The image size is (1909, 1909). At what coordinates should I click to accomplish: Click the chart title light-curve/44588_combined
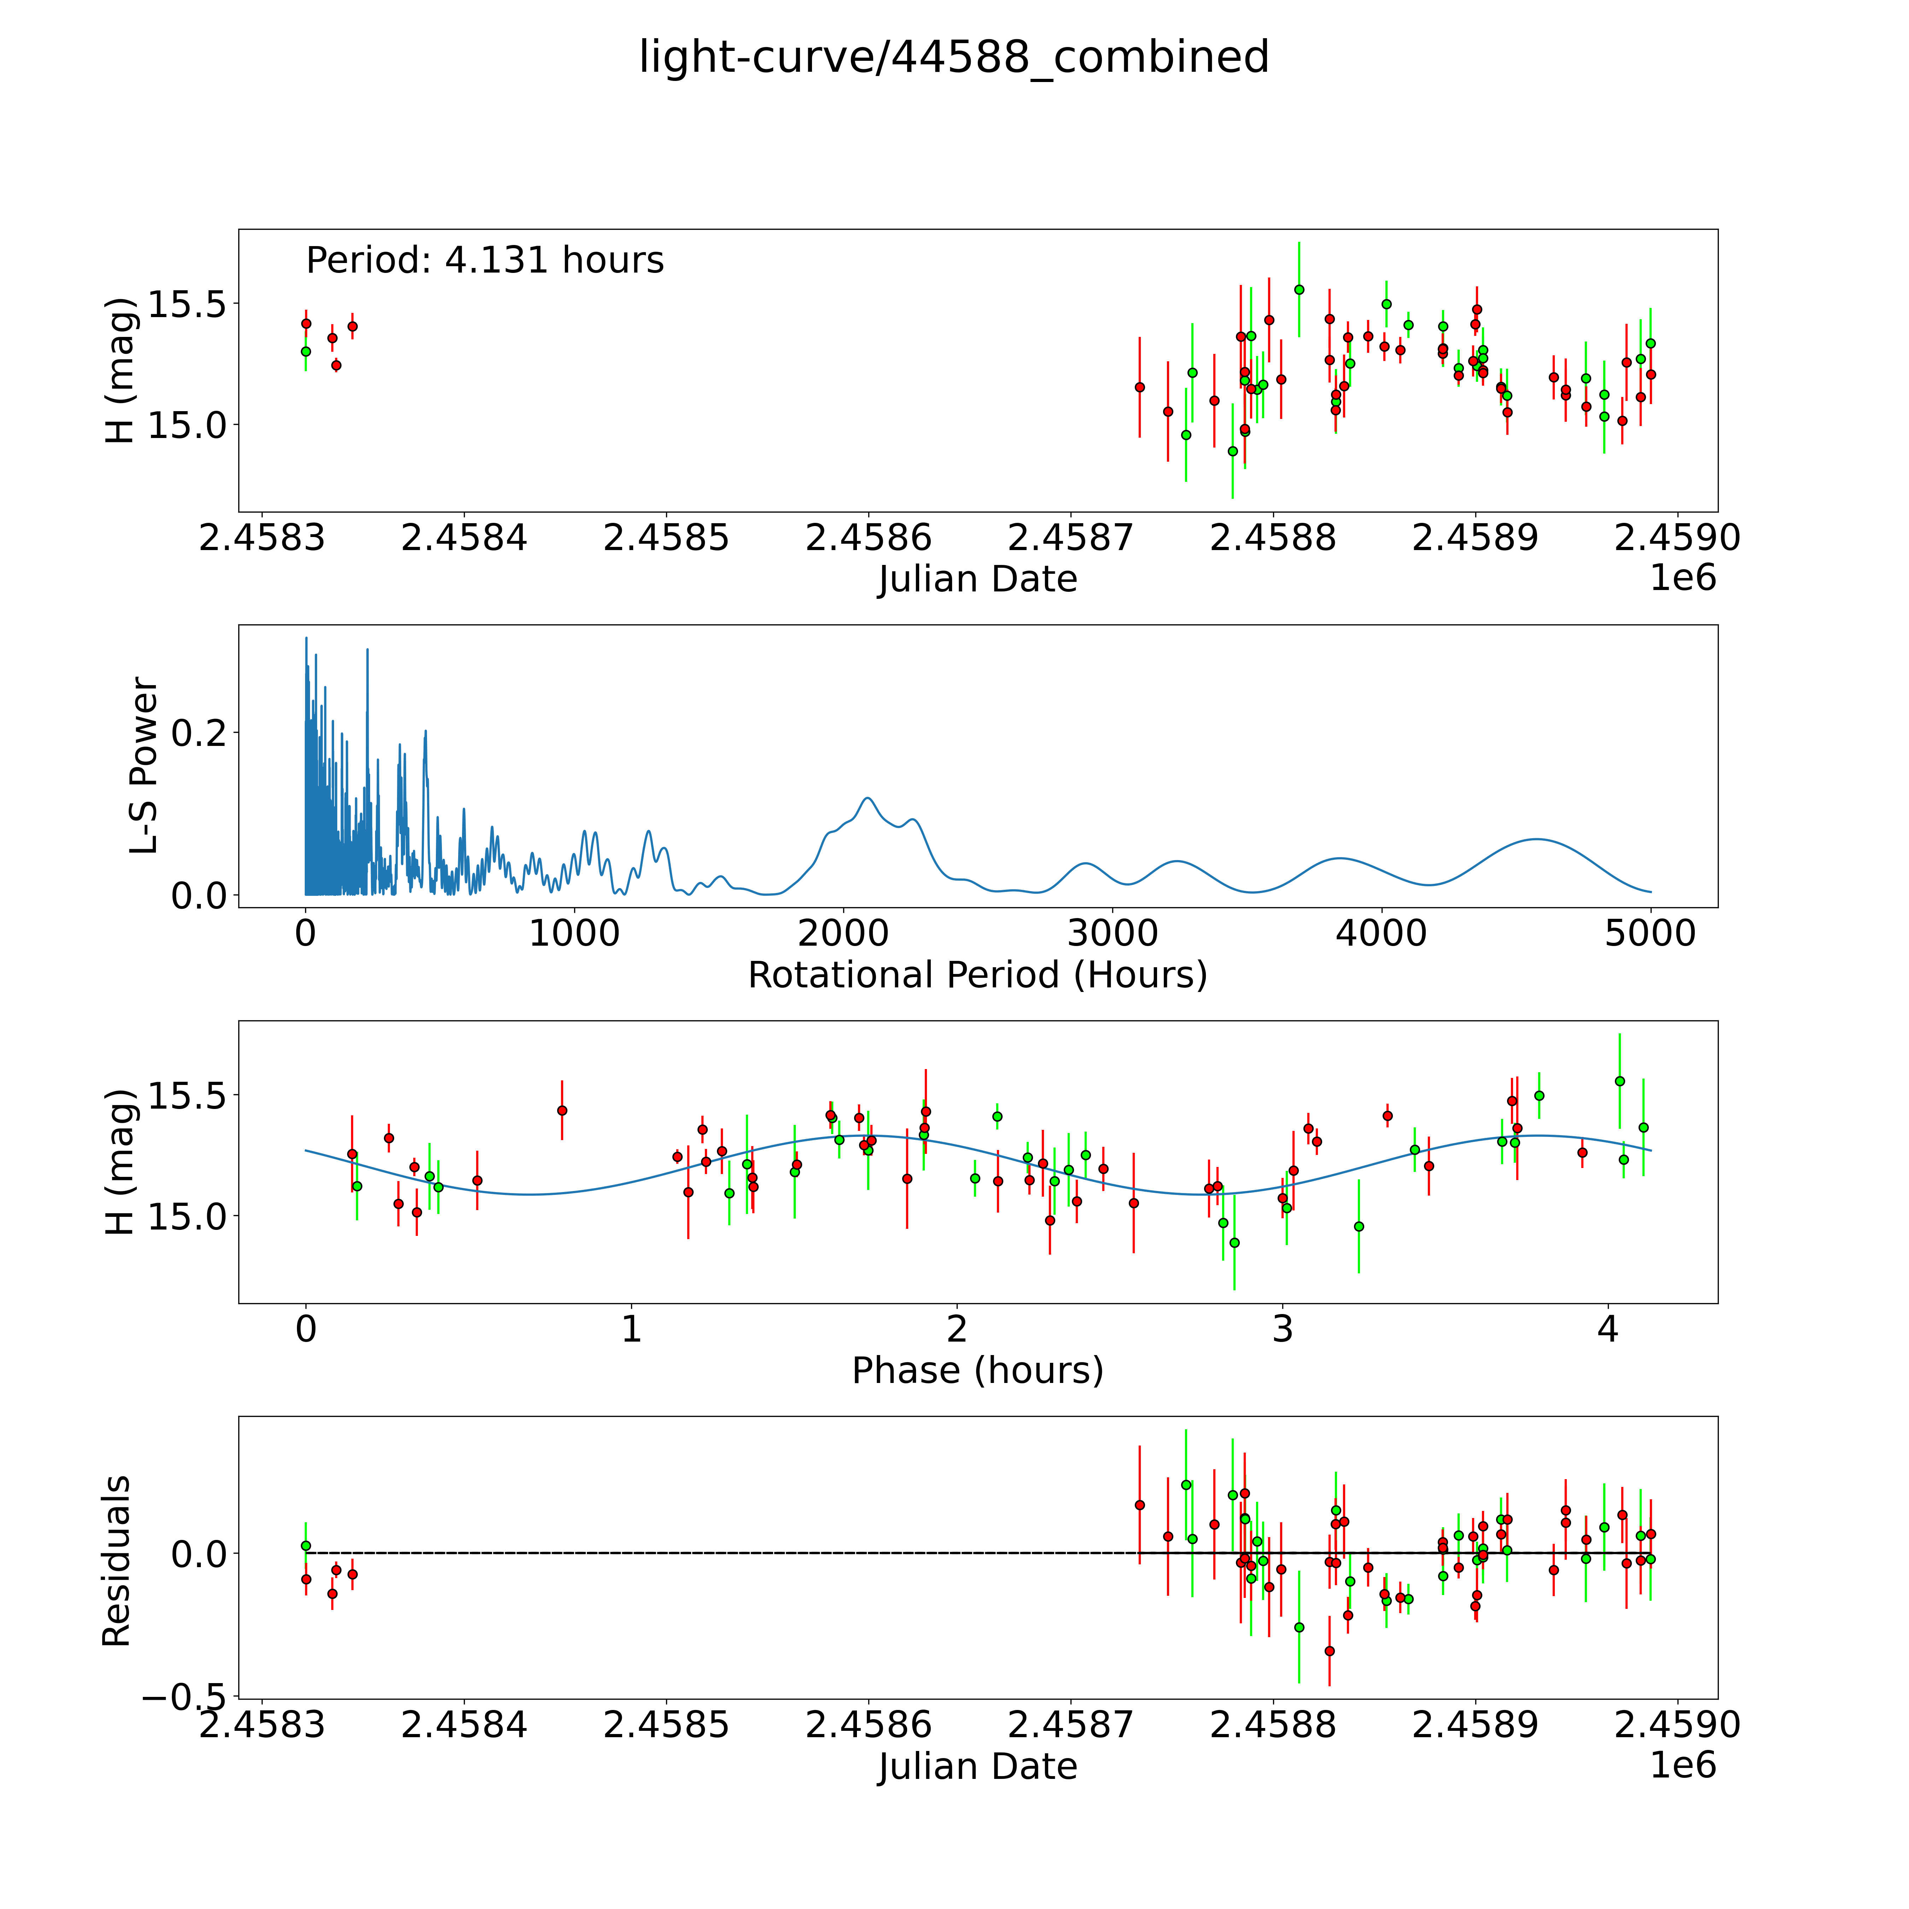tap(953, 57)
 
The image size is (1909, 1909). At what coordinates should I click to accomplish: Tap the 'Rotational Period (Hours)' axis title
tap(977, 975)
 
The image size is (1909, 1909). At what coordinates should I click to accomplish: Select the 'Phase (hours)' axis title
tap(977, 1371)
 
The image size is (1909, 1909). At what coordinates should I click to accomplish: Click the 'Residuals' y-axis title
tap(117, 1561)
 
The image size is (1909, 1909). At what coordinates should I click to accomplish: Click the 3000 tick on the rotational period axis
tap(1113, 934)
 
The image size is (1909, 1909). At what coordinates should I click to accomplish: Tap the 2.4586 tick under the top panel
tap(869, 538)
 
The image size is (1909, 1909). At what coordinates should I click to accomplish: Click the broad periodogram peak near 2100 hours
tap(868, 798)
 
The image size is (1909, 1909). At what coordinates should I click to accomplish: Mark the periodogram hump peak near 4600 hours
tap(1537, 840)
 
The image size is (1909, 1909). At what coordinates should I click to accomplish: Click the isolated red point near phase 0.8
tap(562, 1111)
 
